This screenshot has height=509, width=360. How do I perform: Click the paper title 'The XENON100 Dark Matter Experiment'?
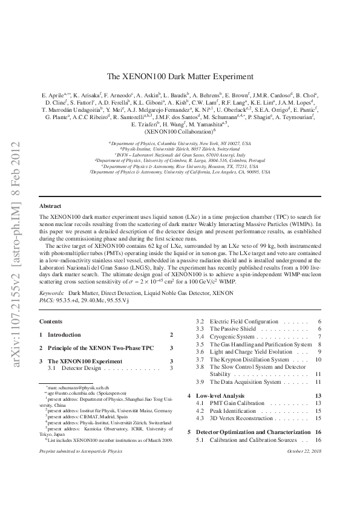click(180, 77)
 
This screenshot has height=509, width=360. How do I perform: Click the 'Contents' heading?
click(50, 320)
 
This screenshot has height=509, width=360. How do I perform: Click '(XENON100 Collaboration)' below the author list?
click(180, 130)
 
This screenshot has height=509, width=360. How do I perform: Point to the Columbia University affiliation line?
click(180, 143)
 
